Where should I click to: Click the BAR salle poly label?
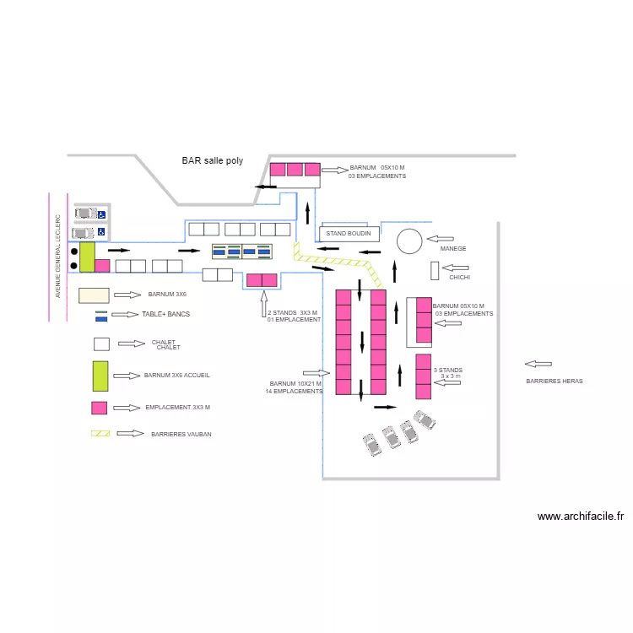[212, 160]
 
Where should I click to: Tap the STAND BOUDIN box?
[348, 234]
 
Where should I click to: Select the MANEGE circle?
[409, 241]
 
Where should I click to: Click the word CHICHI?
[460, 277]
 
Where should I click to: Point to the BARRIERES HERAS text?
[554, 381]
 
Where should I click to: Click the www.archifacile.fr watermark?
[580, 517]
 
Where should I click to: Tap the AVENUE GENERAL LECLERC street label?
[58, 256]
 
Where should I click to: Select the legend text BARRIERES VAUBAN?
[181, 434]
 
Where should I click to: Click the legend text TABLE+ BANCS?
[165, 314]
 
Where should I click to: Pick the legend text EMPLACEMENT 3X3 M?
[177, 408]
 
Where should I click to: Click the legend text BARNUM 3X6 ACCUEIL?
[177, 375]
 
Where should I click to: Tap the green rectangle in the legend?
[100, 376]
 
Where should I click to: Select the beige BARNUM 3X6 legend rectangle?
[94, 295]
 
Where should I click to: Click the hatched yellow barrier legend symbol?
[100, 434]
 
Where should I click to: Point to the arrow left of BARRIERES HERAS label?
[538, 364]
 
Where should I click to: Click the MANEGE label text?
[452, 249]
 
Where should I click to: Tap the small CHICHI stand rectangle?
[434, 271]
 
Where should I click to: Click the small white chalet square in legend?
[101, 344]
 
